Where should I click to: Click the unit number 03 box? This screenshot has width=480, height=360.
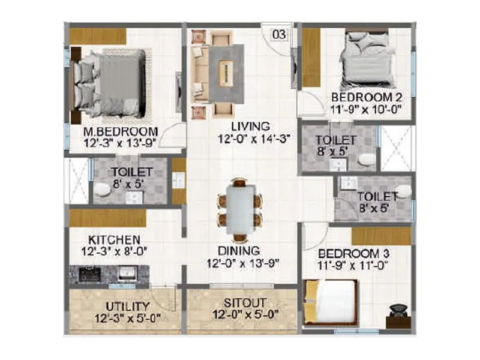click(279, 34)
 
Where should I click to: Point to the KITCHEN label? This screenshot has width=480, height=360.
click(106, 239)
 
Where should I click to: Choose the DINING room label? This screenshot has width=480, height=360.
click(238, 251)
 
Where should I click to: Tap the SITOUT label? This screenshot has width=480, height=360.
click(241, 303)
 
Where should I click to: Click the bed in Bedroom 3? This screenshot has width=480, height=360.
click(332, 303)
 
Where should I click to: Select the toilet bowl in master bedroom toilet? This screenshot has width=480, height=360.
click(103, 190)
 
